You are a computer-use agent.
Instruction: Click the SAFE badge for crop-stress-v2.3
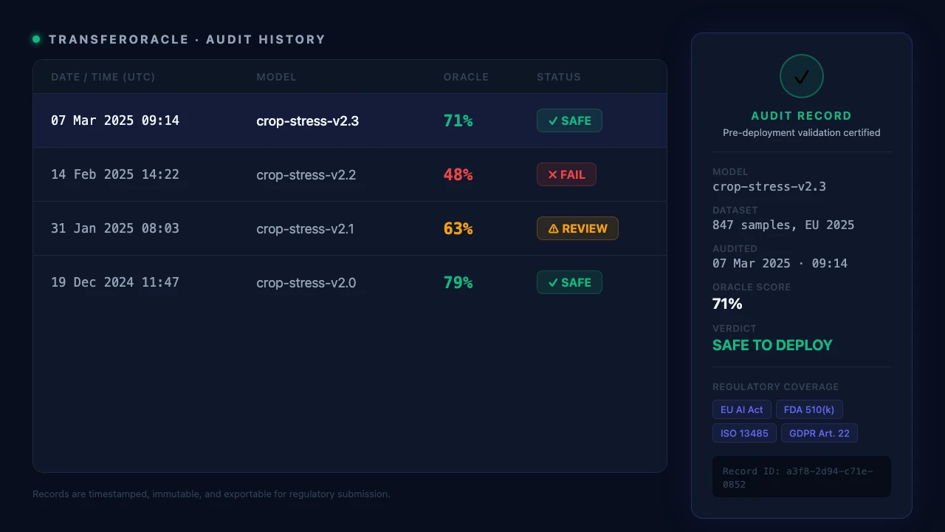point(569,120)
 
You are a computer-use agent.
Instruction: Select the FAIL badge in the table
point(566,174)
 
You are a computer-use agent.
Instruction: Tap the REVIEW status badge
point(577,228)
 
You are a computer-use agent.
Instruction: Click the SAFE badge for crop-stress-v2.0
point(569,282)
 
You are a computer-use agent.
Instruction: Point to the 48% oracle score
point(458,174)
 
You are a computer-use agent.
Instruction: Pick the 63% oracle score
point(458,228)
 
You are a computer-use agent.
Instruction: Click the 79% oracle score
point(458,282)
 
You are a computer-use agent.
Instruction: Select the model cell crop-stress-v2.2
point(306,175)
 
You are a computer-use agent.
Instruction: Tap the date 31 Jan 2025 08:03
point(115,228)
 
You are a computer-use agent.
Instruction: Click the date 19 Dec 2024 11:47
point(115,282)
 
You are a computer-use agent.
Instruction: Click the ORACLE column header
point(466,77)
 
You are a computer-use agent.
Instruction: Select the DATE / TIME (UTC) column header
point(103,77)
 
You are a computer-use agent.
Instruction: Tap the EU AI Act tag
point(742,409)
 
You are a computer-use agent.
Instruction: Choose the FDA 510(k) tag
point(809,409)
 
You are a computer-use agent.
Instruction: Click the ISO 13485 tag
point(744,433)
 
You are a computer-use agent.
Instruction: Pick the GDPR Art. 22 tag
point(819,433)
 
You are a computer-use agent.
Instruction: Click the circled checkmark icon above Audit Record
point(802,76)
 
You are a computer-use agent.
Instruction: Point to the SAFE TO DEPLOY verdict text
point(772,345)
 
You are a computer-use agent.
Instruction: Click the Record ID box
point(802,477)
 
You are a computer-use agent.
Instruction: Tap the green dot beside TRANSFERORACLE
point(36,39)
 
